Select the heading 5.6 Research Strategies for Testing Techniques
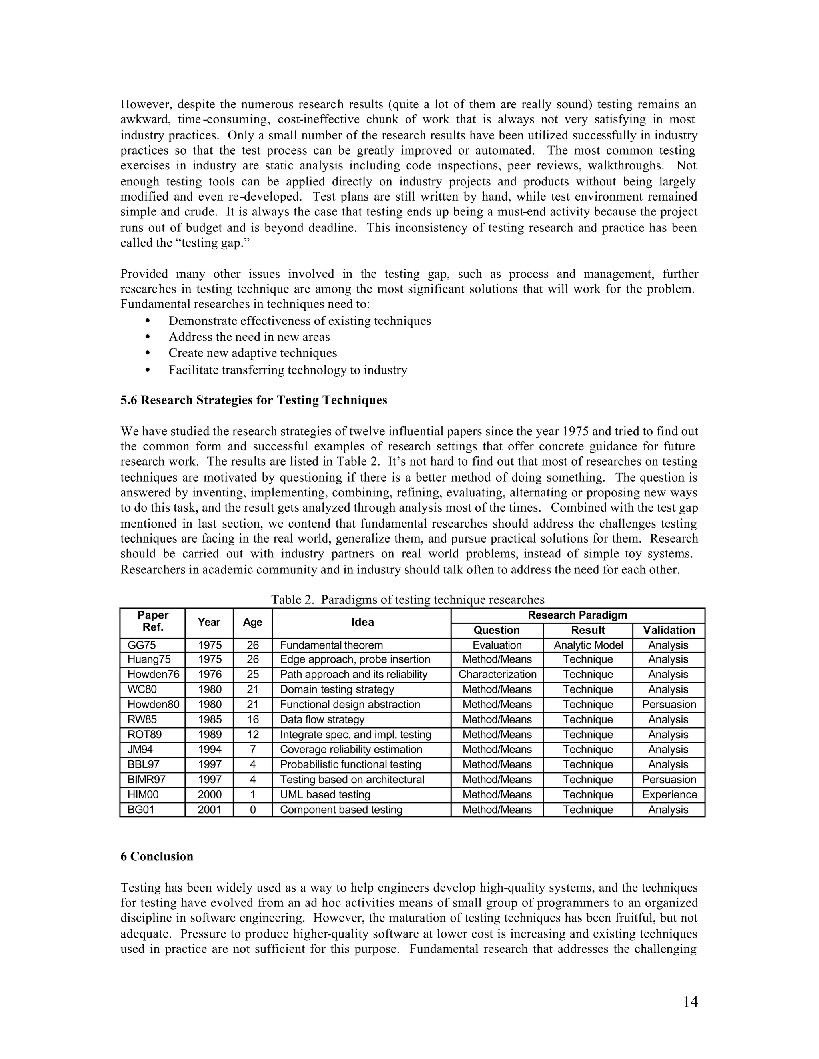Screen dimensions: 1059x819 click(254, 400)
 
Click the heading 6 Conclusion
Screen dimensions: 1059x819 click(157, 856)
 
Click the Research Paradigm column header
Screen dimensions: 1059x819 click(577, 615)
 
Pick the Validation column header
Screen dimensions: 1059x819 click(669, 630)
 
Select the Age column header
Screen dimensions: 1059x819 click(252, 623)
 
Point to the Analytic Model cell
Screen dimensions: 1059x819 click(588, 645)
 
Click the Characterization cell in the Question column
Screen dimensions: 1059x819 click(497, 675)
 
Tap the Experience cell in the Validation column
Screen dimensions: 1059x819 click(669, 795)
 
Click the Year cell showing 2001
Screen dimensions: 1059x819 click(209, 810)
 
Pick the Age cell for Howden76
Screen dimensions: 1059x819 click(252, 675)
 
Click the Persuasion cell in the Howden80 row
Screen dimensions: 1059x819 click(669, 705)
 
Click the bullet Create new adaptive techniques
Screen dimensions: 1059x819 click(252, 353)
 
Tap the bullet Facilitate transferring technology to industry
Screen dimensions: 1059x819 click(287, 370)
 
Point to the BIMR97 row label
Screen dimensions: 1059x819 click(146, 780)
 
